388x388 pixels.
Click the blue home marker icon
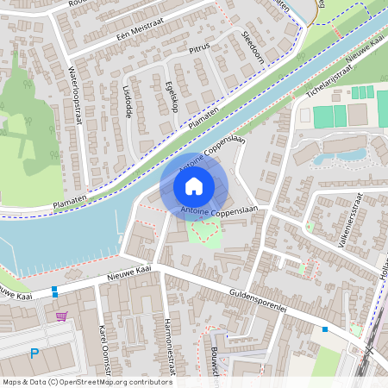(x=194, y=185)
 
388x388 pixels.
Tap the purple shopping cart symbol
(x=61, y=316)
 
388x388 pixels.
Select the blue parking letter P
(x=34, y=353)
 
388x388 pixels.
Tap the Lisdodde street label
(x=127, y=101)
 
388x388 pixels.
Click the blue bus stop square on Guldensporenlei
(x=324, y=329)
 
